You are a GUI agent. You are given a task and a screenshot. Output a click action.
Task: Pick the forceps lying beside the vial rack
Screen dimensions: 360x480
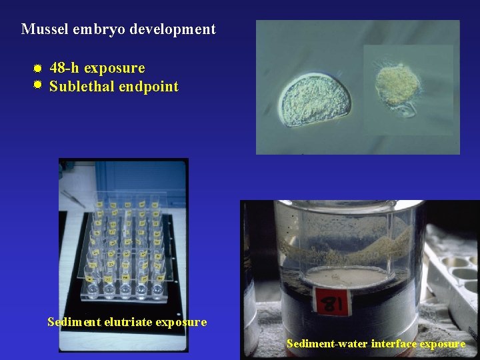click(74, 197)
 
